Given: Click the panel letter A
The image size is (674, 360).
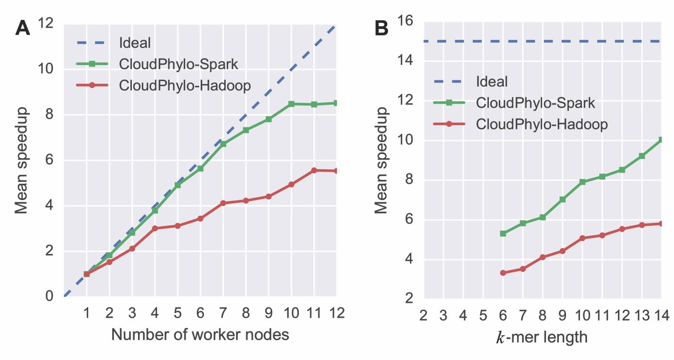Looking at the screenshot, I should [23, 28].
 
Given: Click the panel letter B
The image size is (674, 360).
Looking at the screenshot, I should [382, 28].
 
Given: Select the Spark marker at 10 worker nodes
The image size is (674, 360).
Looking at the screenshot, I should [291, 104].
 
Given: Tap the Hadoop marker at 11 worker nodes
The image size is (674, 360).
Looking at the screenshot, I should [314, 170].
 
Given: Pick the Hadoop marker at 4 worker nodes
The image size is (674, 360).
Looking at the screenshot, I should [155, 228].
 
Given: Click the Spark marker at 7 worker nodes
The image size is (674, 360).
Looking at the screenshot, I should [223, 144].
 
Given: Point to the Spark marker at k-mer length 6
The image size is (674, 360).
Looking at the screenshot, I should [503, 234].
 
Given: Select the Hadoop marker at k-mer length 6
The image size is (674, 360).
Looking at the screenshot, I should [503, 273].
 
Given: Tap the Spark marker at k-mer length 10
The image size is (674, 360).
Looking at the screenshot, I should [582, 182].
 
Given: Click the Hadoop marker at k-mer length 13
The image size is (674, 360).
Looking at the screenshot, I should [642, 225].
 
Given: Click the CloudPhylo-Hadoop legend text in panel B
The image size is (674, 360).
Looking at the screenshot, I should [542, 124].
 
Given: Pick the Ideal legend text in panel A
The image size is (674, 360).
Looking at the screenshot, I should [135, 43].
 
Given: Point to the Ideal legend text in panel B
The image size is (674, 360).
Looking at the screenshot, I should [492, 81].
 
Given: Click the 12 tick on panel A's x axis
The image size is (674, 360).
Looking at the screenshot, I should [336, 313].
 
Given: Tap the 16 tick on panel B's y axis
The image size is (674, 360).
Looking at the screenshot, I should [405, 21].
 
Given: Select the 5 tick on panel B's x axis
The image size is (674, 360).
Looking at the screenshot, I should [483, 316].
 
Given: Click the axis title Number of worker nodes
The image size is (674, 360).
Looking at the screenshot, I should [200, 334].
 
